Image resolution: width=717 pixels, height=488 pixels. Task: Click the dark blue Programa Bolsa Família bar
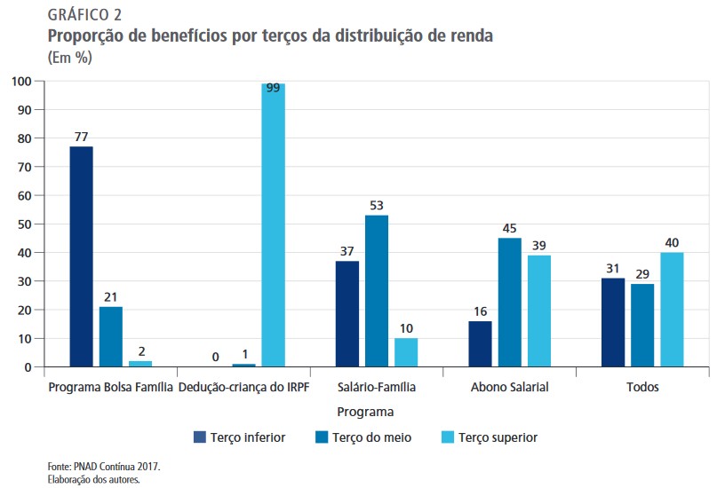pyautogui.click(x=81, y=256)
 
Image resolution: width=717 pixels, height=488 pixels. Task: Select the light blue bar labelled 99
pyautogui.click(x=273, y=225)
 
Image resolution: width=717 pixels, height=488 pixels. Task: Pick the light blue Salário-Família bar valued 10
pyautogui.click(x=406, y=352)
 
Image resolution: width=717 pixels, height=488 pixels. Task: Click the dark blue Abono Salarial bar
pyautogui.click(x=480, y=343)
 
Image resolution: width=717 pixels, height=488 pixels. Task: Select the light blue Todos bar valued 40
pyautogui.click(x=672, y=310)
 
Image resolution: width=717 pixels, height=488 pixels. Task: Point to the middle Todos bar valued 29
pyautogui.click(x=642, y=326)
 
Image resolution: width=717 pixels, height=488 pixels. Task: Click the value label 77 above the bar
pyautogui.click(x=81, y=138)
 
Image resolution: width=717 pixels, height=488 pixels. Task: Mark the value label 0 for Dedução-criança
pyautogui.click(x=215, y=357)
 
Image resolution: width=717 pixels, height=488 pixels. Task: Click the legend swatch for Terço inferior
pyautogui.click(x=200, y=437)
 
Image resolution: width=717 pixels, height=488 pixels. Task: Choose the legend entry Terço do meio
pyautogui.click(x=364, y=437)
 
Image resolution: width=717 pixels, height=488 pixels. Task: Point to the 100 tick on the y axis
pyautogui.click(x=21, y=81)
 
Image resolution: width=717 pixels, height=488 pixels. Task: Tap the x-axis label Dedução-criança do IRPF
pyautogui.click(x=243, y=388)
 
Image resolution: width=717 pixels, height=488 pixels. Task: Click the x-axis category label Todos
pyautogui.click(x=642, y=388)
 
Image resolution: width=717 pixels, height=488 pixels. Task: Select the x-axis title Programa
pyautogui.click(x=365, y=412)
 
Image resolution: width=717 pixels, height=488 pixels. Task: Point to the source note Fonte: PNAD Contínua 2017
pyautogui.click(x=103, y=466)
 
